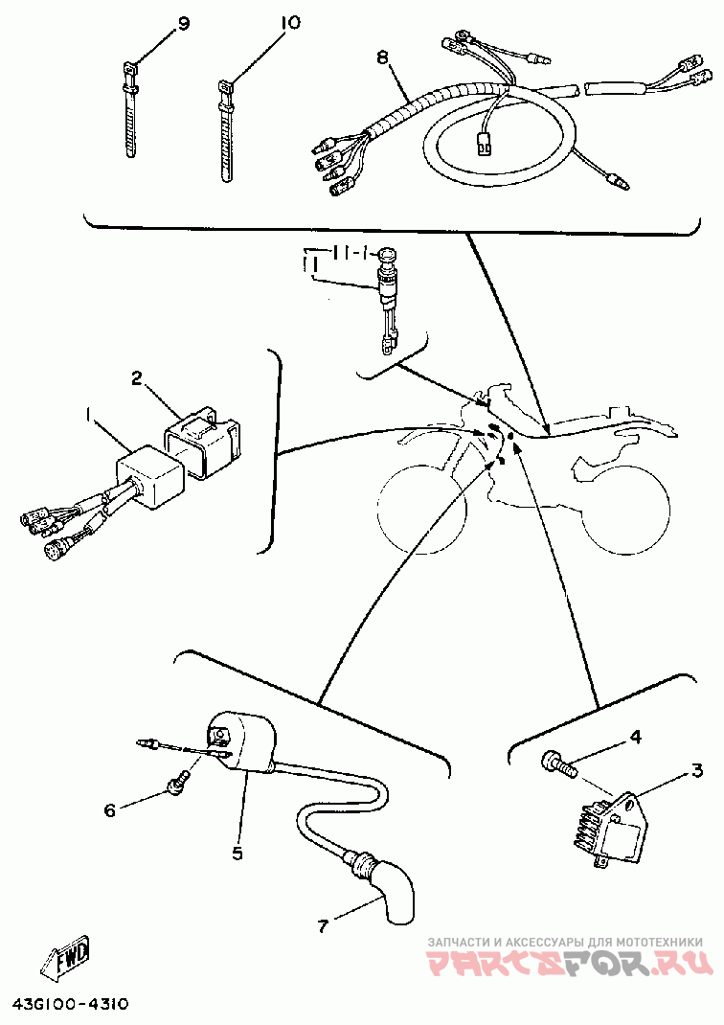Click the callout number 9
pyautogui.click(x=182, y=24)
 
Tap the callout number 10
pyautogui.click(x=290, y=23)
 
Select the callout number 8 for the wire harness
pyautogui.click(x=382, y=58)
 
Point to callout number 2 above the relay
pyautogui.click(x=137, y=377)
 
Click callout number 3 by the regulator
pyautogui.click(x=697, y=770)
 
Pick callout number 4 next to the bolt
pyautogui.click(x=635, y=737)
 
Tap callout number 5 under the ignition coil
pyautogui.click(x=237, y=854)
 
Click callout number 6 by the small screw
pyautogui.click(x=109, y=810)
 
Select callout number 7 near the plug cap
pyautogui.click(x=322, y=926)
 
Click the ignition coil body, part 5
pyautogui.click(x=237, y=743)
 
